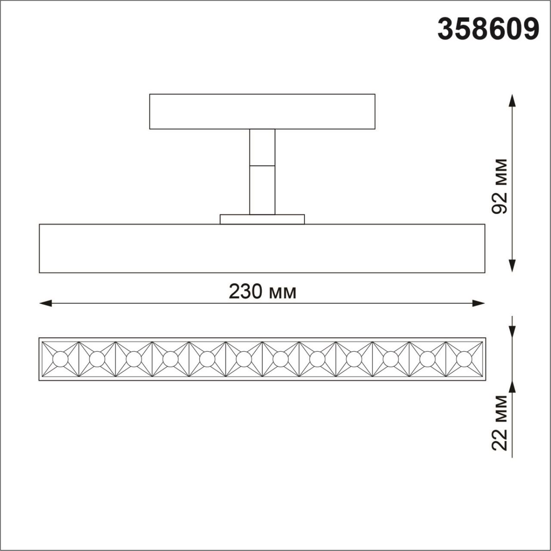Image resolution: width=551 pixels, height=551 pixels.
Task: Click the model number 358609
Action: [488, 29]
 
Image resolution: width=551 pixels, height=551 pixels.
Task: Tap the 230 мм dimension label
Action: [262, 292]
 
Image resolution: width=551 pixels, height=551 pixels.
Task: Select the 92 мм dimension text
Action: [500, 186]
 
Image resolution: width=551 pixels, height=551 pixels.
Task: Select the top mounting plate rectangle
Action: [262, 111]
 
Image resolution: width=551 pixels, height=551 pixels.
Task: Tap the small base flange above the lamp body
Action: [262, 219]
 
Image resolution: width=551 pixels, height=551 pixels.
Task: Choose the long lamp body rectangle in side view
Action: [262, 248]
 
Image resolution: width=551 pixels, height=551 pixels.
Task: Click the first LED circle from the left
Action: [60, 359]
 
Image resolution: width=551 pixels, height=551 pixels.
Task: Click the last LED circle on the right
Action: [464, 359]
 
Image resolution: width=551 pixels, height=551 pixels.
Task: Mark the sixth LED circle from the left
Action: [244, 359]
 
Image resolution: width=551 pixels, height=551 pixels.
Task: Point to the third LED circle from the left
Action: [134, 359]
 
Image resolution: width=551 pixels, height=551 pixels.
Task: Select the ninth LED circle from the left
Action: [354, 359]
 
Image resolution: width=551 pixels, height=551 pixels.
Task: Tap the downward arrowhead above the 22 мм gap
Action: [512, 332]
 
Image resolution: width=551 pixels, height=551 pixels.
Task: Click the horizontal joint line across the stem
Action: [262, 165]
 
